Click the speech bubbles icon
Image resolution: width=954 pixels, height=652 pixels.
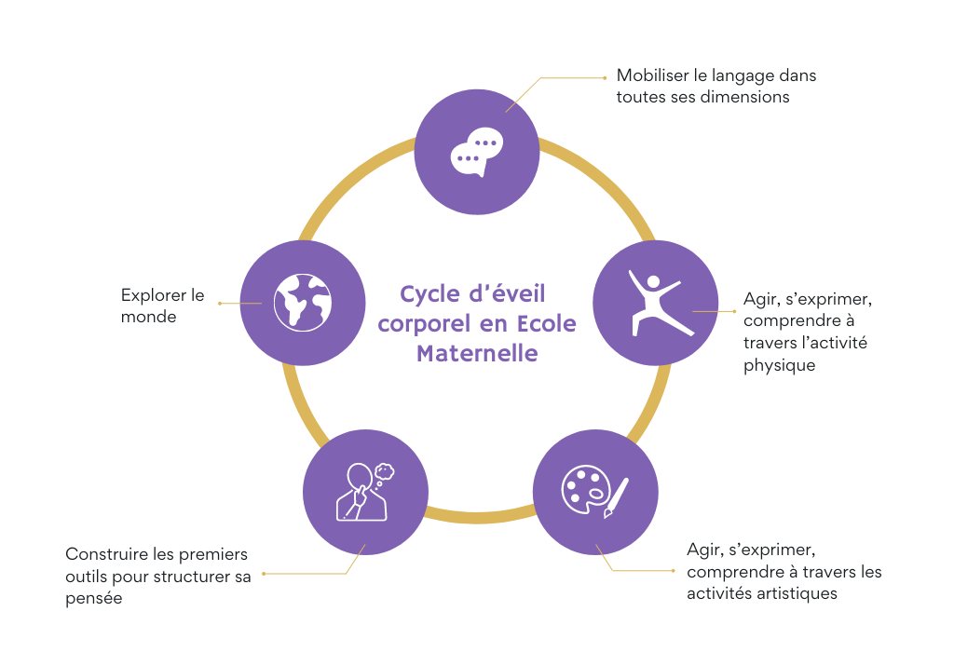point(477,152)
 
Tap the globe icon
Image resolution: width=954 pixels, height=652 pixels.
point(303,303)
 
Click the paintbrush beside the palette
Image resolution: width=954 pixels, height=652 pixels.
point(617,498)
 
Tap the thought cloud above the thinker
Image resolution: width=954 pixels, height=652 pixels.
point(384,472)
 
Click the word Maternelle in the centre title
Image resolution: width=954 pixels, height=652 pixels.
point(477,353)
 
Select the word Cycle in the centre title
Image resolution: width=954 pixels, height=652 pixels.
point(429,294)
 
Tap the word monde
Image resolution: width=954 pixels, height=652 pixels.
point(148,317)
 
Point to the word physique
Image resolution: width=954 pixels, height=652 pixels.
point(780,365)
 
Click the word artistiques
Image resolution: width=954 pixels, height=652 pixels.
point(797,593)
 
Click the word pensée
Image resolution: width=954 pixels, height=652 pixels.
point(94,599)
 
